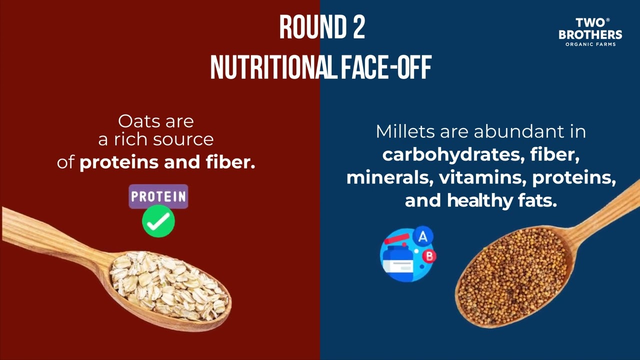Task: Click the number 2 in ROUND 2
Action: pyautogui.click(x=357, y=27)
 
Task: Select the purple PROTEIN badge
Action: pyautogui.click(x=158, y=196)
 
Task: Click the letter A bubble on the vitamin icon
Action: pyautogui.click(x=423, y=236)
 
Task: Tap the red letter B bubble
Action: pyautogui.click(x=429, y=256)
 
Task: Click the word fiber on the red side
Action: pyautogui.click(x=231, y=162)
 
